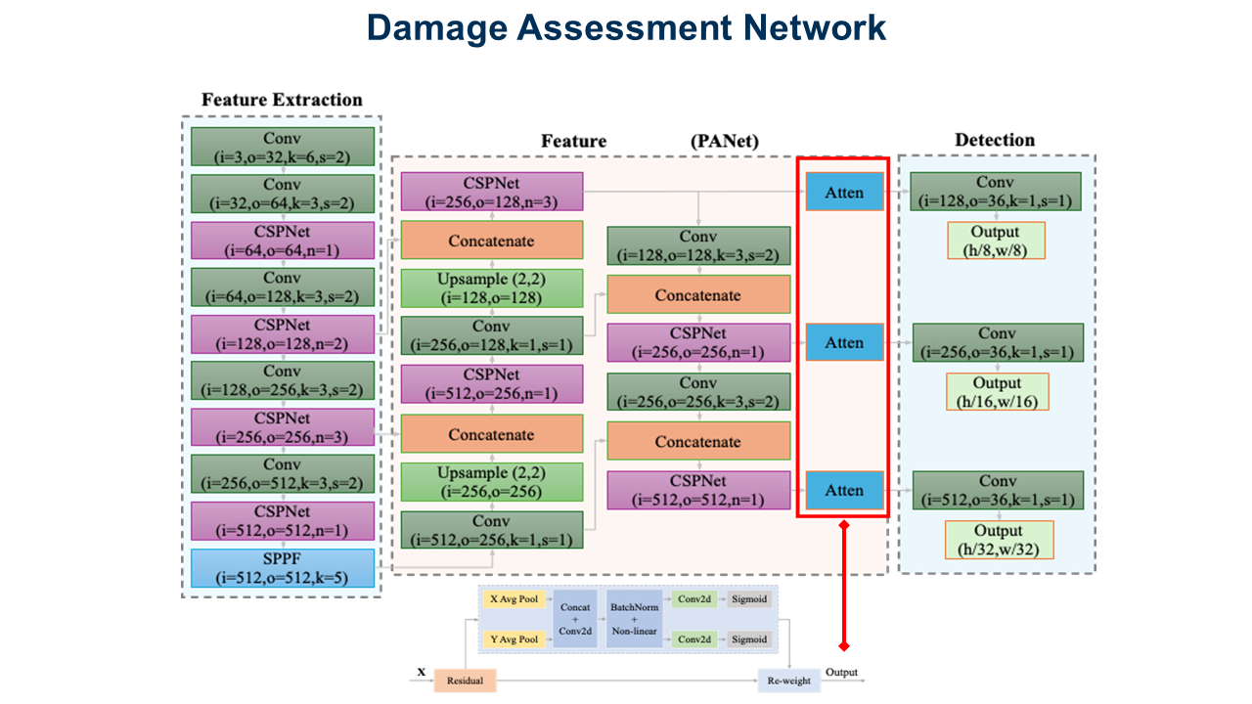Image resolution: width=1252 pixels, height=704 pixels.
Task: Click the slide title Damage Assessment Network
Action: pyautogui.click(x=626, y=28)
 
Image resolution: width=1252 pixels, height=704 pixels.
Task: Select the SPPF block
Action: pyautogui.click(x=282, y=568)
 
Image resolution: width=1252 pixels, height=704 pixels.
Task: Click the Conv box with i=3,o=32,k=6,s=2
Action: pyautogui.click(x=282, y=146)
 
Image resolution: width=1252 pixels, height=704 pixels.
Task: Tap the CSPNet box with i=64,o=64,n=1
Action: pyautogui.click(x=282, y=241)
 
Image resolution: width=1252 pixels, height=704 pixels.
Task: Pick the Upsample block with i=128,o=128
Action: pyautogui.click(x=491, y=287)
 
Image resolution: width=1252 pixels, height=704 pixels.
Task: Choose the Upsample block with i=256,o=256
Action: pyautogui.click(x=491, y=482)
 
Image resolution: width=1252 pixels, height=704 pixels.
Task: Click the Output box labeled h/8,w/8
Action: pyautogui.click(x=996, y=241)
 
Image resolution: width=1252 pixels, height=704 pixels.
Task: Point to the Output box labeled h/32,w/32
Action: pyautogui.click(x=998, y=540)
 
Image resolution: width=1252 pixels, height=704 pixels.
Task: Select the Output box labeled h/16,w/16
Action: pyautogui.click(x=998, y=391)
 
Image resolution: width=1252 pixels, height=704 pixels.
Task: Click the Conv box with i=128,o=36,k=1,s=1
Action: pyautogui.click(x=996, y=192)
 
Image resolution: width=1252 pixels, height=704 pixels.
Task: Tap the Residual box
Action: pyautogui.click(x=466, y=680)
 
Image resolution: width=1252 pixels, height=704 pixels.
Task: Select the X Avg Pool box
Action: pyautogui.click(x=514, y=598)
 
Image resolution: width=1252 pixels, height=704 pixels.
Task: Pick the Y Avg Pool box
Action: pyautogui.click(x=514, y=638)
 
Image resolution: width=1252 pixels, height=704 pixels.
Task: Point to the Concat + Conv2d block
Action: pyautogui.click(x=575, y=619)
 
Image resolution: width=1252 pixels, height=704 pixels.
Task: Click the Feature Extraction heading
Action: pyautogui.click(x=282, y=100)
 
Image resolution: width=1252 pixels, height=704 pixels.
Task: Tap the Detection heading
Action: pyautogui.click(x=995, y=140)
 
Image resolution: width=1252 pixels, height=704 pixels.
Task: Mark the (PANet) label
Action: pyautogui.click(x=725, y=142)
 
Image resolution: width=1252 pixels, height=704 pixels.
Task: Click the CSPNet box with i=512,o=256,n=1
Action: pyautogui.click(x=491, y=383)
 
